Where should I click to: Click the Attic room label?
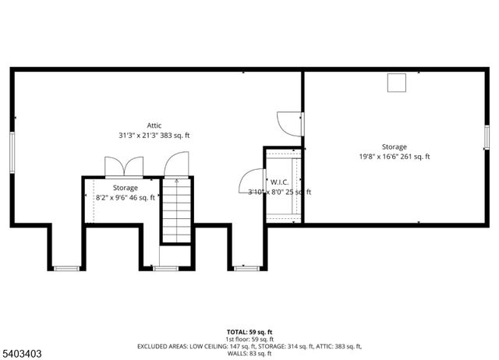[x=154, y=125]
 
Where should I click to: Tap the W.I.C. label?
[x=280, y=182]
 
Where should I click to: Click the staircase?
[x=176, y=210]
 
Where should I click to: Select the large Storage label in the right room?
[x=394, y=146]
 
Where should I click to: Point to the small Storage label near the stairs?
[x=125, y=188]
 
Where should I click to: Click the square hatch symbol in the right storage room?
[x=398, y=82]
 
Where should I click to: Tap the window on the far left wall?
[x=12, y=147]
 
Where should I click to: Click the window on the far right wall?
[x=485, y=136]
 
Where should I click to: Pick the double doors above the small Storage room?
[x=124, y=168]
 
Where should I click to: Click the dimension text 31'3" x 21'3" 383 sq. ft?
[x=154, y=135]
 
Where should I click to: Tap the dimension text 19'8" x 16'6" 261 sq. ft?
[x=394, y=157]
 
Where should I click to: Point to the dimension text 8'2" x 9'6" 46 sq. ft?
[x=125, y=198]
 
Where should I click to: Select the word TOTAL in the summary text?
[x=235, y=332]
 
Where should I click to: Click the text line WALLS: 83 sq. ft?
[x=249, y=353]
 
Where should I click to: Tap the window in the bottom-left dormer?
[x=67, y=268]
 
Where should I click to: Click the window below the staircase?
[x=165, y=268]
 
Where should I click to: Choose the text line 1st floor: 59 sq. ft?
[x=249, y=339]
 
